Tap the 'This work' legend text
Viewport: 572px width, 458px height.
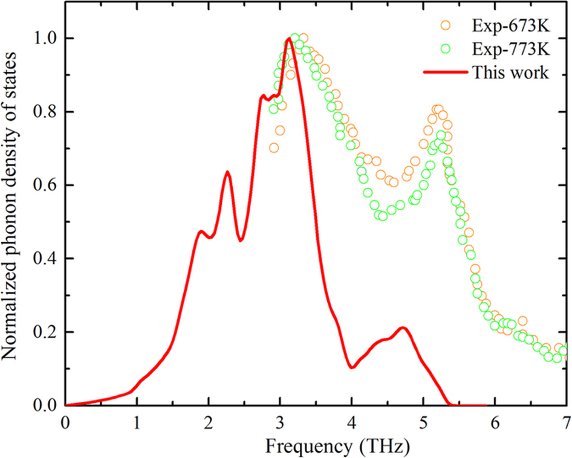[x=511, y=73]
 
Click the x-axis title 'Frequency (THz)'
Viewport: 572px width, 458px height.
[x=316, y=447]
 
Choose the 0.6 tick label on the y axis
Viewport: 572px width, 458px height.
[x=42, y=185]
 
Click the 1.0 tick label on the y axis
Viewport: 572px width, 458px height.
[x=42, y=38]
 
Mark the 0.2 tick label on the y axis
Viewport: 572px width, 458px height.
[x=42, y=332]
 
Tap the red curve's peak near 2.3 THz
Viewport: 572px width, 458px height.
[x=228, y=172]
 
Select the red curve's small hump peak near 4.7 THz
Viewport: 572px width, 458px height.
[x=403, y=327]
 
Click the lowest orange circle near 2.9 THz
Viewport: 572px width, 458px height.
[x=274, y=148]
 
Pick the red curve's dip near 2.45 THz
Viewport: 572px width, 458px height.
[x=241, y=240]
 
